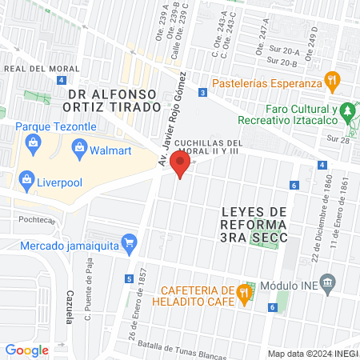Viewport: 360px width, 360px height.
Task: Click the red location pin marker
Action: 181,166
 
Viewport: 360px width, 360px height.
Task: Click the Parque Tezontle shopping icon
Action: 33,144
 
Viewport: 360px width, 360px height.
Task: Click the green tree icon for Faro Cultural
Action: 347,111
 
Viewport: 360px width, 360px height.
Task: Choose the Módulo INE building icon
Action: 327,282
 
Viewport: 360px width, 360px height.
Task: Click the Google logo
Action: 26,350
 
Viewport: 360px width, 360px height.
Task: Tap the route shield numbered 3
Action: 203,94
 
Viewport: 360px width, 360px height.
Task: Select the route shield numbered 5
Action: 129,278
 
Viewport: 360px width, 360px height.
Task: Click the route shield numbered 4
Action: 321,165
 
